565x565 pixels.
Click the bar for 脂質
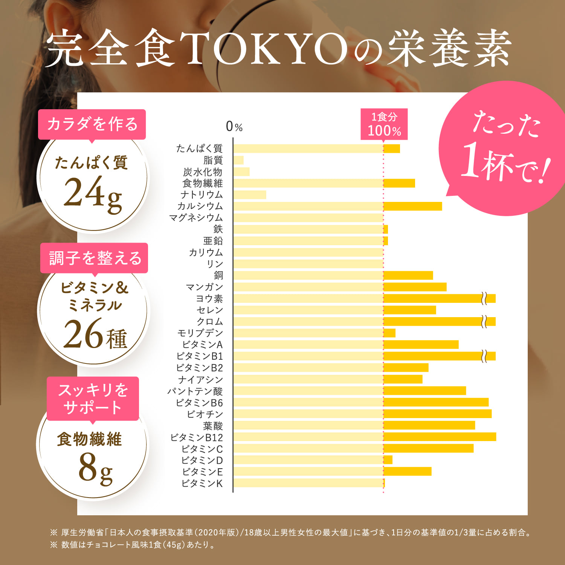pyautogui.click(x=238, y=160)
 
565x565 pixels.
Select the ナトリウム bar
pyautogui.click(x=249, y=195)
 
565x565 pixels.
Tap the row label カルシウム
pyautogui.click(x=200, y=206)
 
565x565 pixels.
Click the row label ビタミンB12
pyautogui.click(x=197, y=437)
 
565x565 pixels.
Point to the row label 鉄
pyautogui.click(x=218, y=229)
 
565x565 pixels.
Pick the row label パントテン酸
pyautogui.click(x=195, y=391)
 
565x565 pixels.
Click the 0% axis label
pyautogui.click(x=234, y=127)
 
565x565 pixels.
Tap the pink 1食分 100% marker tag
pyautogui.click(x=384, y=124)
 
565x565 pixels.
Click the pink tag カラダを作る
pyautogui.click(x=92, y=124)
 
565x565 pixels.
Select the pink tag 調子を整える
pyautogui.click(x=94, y=258)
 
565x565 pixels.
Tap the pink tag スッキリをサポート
pyautogui.click(x=93, y=399)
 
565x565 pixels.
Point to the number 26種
pyautogui.click(x=95, y=334)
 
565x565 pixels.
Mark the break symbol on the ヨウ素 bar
pyautogui.click(x=484, y=299)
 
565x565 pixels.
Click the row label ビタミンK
pyautogui.click(x=202, y=483)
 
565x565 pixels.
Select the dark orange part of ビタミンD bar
pyautogui.click(x=388, y=460)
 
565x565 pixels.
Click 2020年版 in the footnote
pyautogui.click(x=217, y=533)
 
